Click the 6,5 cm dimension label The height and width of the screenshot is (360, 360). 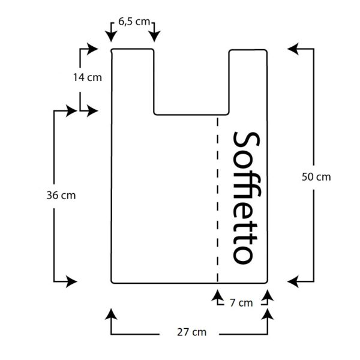(x=134, y=22)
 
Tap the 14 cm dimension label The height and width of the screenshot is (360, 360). (x=88, y=77)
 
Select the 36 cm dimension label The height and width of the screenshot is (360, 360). (x=61, y=196)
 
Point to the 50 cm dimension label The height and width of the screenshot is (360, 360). (x=316, y=177)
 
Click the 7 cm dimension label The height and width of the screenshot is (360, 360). (x=241, y=303)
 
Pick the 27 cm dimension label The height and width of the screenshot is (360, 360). (x=192, y=332)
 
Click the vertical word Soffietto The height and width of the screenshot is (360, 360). (x=247, y=198)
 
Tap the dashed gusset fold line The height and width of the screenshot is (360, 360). (x=217, y=199)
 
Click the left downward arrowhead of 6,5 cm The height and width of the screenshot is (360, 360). (x=111, y=36)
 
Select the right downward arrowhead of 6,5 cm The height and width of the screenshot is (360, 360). (x=155, y=36)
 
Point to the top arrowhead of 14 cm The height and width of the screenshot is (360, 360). (x=92, y=49)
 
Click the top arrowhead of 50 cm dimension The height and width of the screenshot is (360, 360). (x=293, y=49)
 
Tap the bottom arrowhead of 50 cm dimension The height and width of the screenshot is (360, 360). (x=293, y=281)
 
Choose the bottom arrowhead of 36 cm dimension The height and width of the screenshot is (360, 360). (x=71, y=281)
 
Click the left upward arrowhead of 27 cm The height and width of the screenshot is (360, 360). (x=111, y=314)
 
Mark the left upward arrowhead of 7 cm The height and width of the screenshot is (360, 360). (x=217, y=295)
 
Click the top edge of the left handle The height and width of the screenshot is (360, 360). (x=133, y=49)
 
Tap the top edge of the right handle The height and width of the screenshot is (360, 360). (x=248, y=50)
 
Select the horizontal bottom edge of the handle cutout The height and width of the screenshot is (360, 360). (x=191, y=115)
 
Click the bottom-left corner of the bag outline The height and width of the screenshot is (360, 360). (x=112, y=283)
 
